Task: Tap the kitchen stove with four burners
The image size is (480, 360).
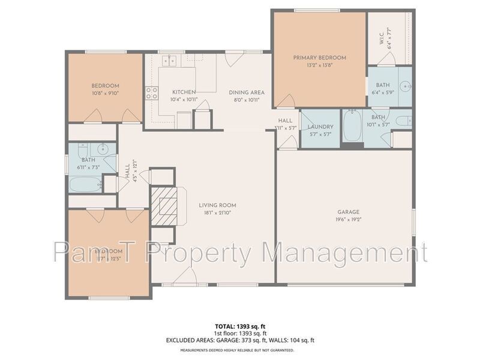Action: pos(151,93)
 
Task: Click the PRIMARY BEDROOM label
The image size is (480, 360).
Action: pos(319,58)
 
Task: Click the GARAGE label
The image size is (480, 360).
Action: pos(347,212)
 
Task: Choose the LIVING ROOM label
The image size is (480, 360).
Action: pos(215,206)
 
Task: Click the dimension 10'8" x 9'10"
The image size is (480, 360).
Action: pos(106,92)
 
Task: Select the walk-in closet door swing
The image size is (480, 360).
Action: pos(386,59)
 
